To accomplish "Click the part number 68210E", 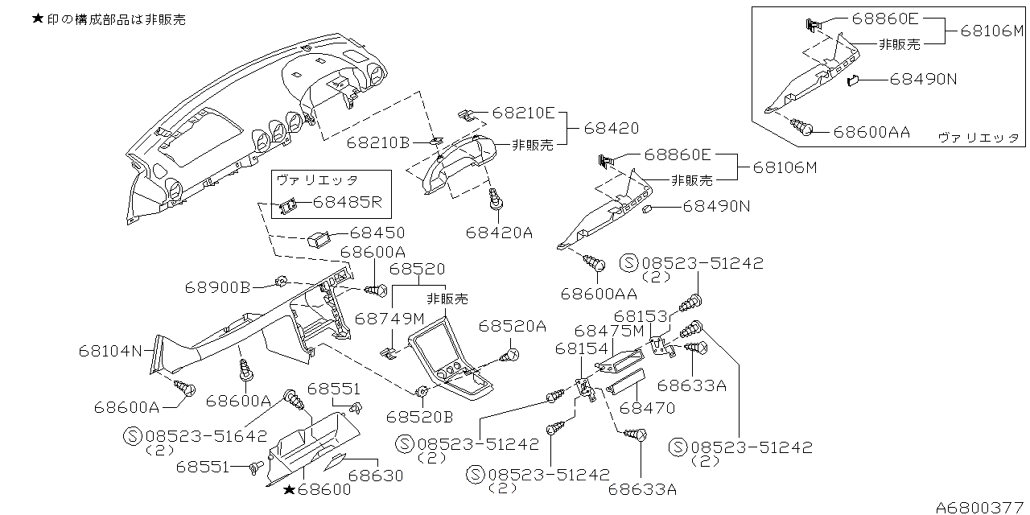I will point(524,114).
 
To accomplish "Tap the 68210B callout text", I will point(379,143).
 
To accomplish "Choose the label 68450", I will point(377,233).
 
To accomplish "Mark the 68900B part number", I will point(218,286).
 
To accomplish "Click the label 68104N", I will point(110,350).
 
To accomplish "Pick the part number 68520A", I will point(513,326).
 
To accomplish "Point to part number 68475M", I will point(609,331).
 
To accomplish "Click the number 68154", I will point(581,348).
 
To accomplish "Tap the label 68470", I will point(647,408).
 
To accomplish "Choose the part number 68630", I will point(376,476).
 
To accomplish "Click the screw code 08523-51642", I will point(207,436).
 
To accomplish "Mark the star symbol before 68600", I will point(288,488).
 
